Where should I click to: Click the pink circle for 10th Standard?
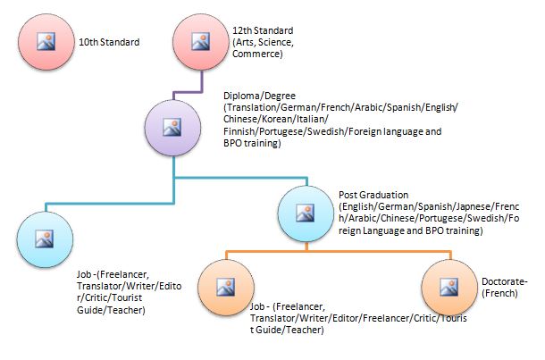point(45,41)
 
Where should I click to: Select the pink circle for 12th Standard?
point(199,41)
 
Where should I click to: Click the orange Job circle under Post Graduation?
point(226,286)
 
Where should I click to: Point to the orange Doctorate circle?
point(449,286)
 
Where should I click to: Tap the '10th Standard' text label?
point(110,42)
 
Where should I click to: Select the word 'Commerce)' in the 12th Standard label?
point(257,54)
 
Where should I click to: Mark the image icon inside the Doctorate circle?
point(449,286)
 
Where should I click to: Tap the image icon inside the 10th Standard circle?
point(45,41)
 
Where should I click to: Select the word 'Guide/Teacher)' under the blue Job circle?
point(112,311)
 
